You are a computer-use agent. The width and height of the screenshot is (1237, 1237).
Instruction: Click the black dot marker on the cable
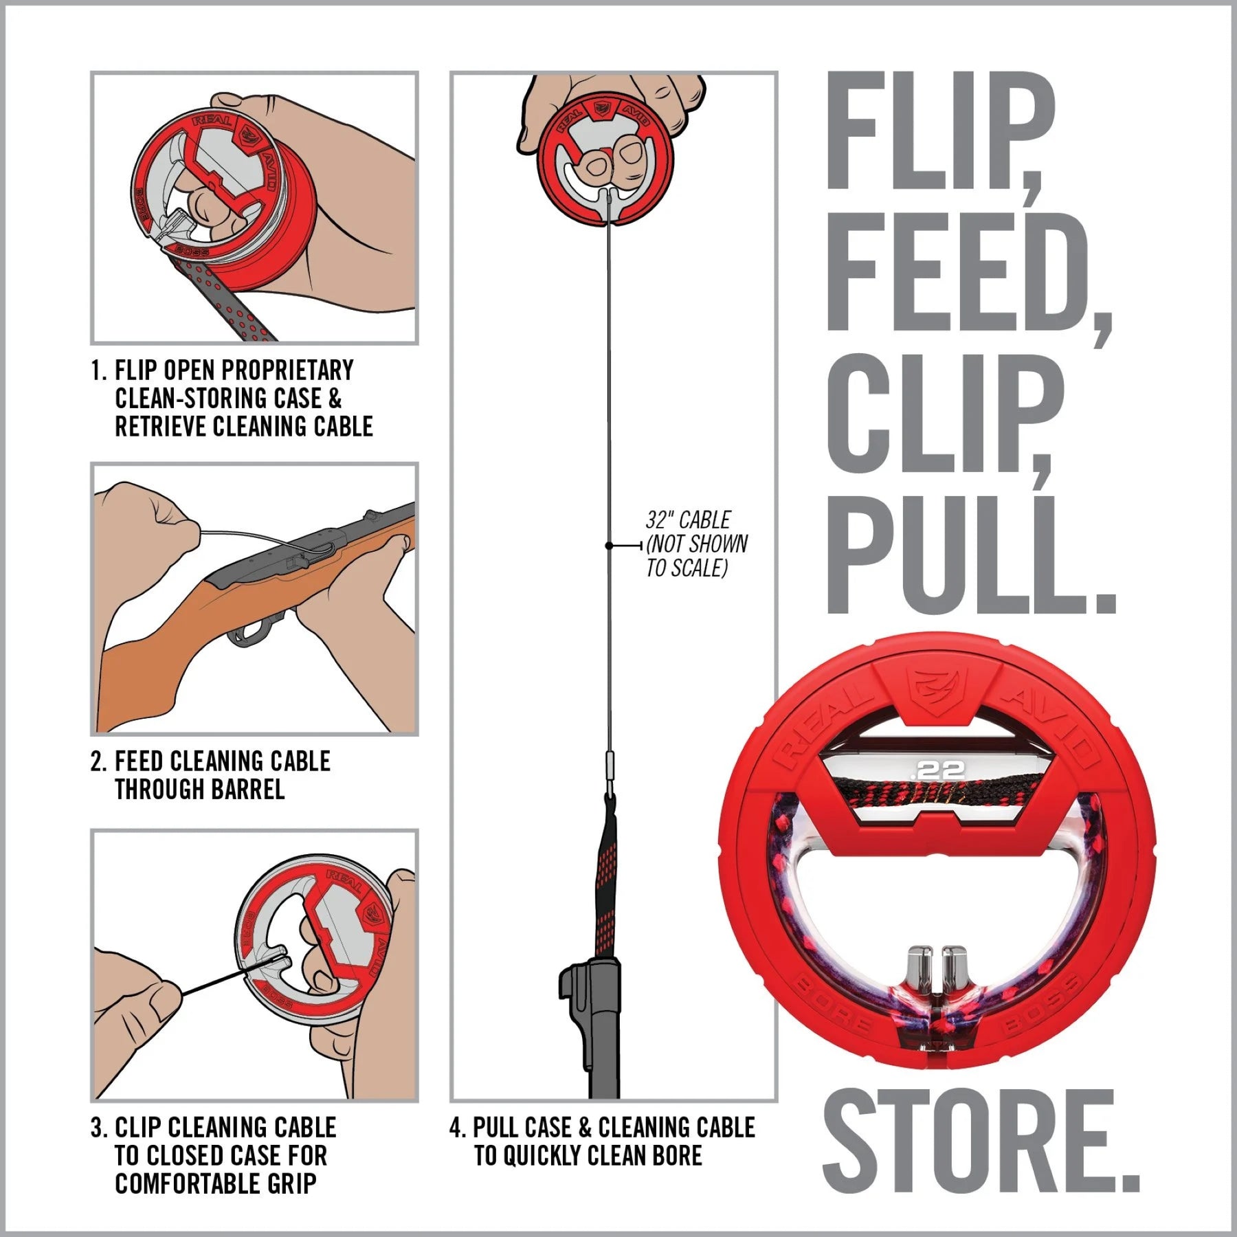[609, 546]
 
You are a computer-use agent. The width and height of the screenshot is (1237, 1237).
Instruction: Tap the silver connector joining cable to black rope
[609, 766]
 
